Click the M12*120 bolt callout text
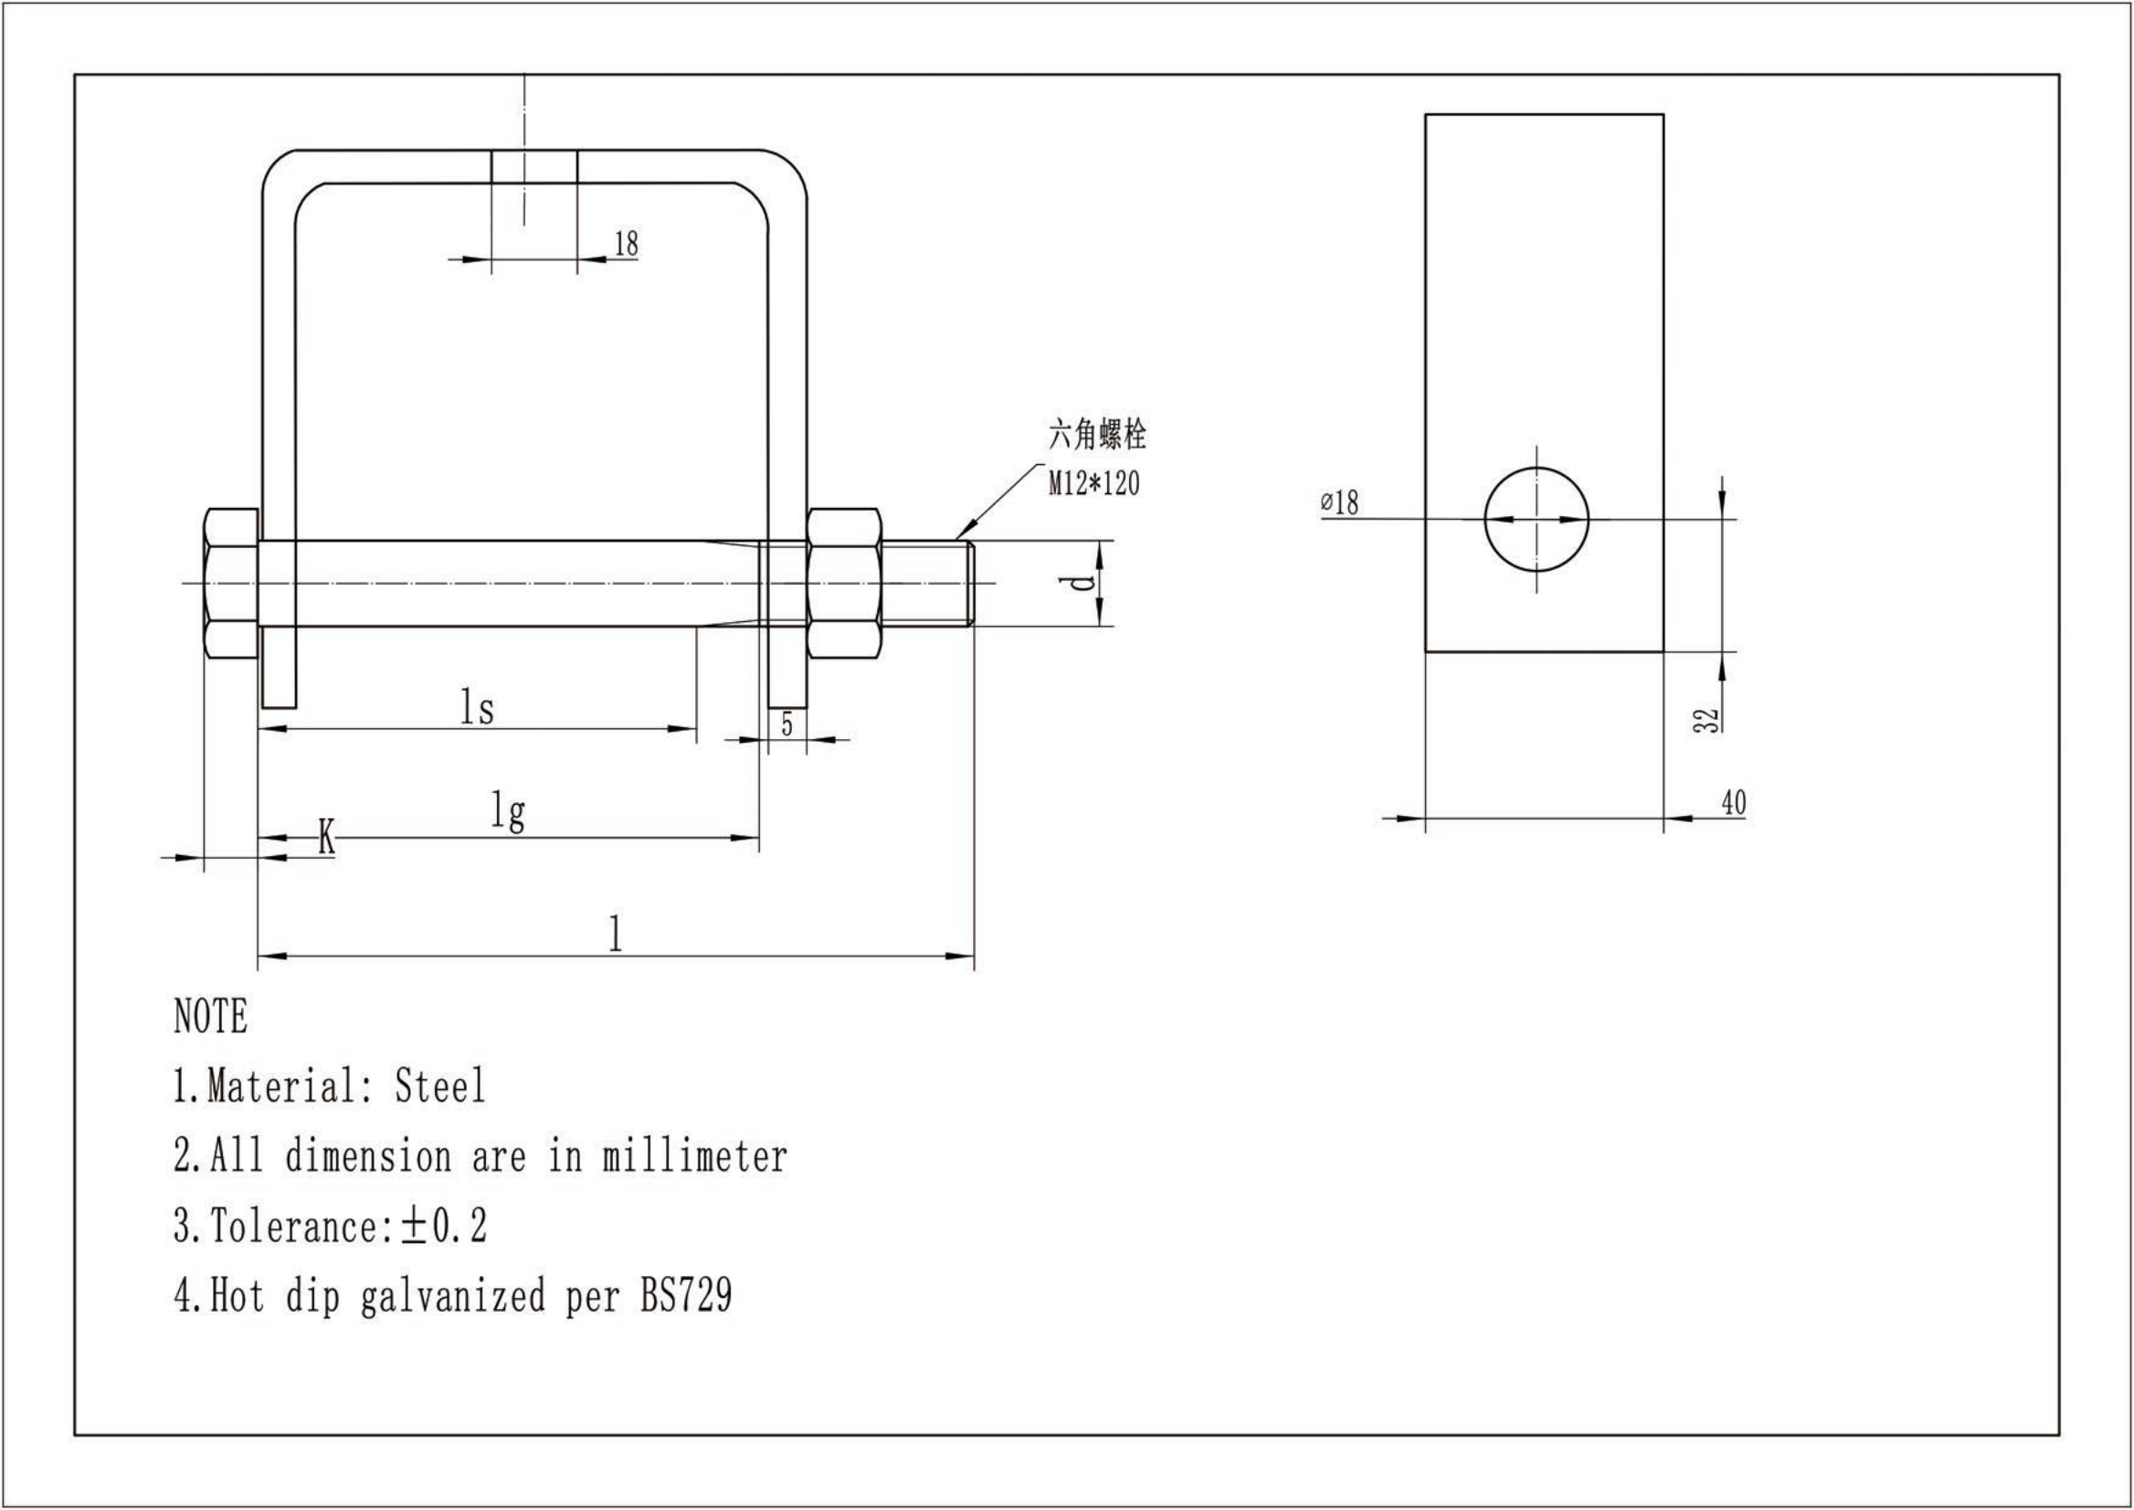coord(1093,483)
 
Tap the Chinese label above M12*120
coord(1097,434)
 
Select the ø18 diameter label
coord(1340,503)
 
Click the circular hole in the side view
coord(1537,520)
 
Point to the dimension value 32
coord(1706,721)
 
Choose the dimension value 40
coord(1733,802)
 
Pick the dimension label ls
coord(477,708)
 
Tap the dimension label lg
coord(509,812)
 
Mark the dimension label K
coord(326,837)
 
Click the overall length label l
coord(615,933)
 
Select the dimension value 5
coord(787,724)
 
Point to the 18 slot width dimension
coord(627,244)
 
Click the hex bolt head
coord(230,583)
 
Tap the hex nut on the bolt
coord(843,583)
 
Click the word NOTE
coord(211,1017)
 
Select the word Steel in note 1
coord(439,1086)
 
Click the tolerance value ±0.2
coord(445,1226)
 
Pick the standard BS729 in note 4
coord(686,1295)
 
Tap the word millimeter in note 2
coord(694,1156)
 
